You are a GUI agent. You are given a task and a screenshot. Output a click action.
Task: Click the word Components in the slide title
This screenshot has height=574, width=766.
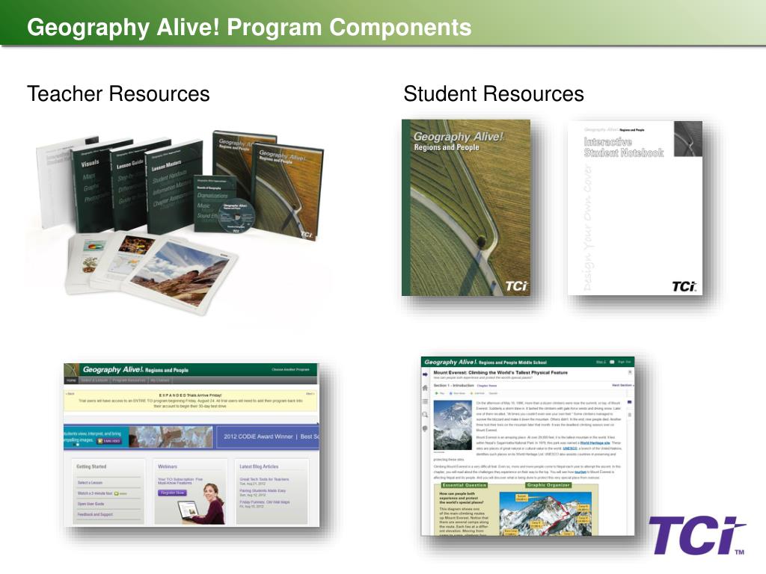400,28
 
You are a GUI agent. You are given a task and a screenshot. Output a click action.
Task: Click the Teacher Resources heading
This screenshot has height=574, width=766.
118,94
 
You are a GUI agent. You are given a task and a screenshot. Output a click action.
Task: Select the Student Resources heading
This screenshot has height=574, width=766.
493,94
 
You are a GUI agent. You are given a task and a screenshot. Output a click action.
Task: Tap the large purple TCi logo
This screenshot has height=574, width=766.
696,537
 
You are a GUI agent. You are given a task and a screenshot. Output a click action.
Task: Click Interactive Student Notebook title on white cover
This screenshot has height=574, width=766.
623,147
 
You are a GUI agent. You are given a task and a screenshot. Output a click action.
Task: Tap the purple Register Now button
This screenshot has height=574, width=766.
172,493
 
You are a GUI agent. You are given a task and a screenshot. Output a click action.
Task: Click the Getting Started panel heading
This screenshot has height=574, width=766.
91,466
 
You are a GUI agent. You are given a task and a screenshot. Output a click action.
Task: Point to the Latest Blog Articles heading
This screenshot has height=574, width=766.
259,466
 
